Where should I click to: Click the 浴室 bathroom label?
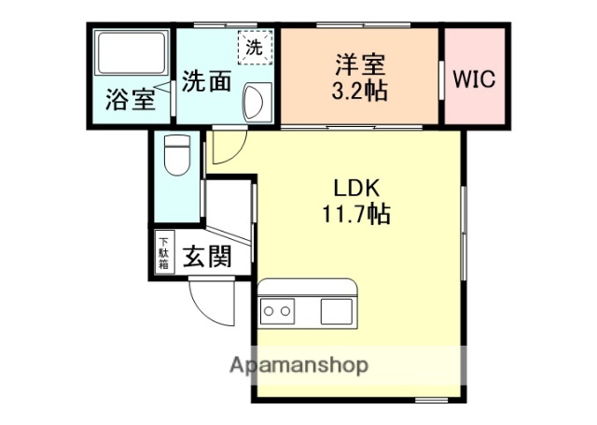pyautogui.click(x=130, y=99)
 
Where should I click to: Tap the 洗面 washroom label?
pyautogui.click(x=205, y=81)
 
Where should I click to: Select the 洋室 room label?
pyautogui.click(x=359, y=66)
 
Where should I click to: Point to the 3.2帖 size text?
pyautogui.click(x=359, y=91)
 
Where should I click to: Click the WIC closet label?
pyautogui.click(x=475, y=78)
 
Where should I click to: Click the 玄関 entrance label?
pyautogui.click(x=206, y=256)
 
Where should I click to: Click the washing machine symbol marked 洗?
pyautogui.click(x=253, y=46)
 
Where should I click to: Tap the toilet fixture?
pyautogui.click(x=175, y=154)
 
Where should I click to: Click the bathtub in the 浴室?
pyautogui.click(x=131, y=54)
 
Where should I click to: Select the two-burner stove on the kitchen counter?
pyautogui.click(x=277, y=308)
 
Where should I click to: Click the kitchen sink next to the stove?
pyautogui.click(x=334, y=308)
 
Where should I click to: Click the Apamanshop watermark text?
pyautogui.click(x=298, y=364)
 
